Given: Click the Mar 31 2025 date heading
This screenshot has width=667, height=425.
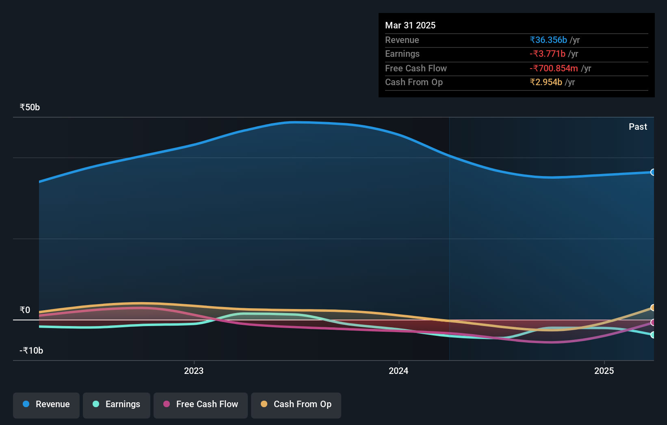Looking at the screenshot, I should (x=410, y=25).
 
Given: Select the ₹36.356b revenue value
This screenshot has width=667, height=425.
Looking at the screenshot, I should (x=548, y=40).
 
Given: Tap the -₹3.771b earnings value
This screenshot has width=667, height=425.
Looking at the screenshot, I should (x=547, y=54).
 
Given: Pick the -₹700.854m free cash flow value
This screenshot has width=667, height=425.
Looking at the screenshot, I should (x=553, y=68).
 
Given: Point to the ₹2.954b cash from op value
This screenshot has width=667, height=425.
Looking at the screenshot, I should (x=546, y=82).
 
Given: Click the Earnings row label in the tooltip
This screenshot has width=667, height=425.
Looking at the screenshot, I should (x=402, y=54).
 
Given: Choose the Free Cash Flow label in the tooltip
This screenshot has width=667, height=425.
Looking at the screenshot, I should (x=416, y=68).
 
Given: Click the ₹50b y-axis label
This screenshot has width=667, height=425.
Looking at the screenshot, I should (x=30, y=107).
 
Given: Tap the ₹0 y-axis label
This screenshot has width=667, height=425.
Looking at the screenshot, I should (x=25, y=310).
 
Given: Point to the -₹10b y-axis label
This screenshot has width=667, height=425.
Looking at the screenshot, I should (x=31, y=350).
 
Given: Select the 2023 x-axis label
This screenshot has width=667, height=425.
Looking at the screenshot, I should (x=193, y=371).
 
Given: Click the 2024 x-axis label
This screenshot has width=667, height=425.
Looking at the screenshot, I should (x=398, y=371).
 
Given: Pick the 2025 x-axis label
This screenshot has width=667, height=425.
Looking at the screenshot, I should (x=604, y=371).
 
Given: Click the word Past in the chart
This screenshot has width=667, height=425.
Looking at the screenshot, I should (x=637, y=127).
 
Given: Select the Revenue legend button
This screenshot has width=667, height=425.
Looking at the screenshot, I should (x=46, y=404).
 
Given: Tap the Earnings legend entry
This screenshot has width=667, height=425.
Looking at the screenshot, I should (x=117, y=404).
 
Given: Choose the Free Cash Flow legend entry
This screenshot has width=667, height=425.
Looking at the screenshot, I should (x=201, y=404).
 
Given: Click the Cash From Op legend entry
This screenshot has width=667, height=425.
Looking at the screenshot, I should (x=296, y=404).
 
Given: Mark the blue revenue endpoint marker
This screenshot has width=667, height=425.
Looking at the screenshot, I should (x=653, y=172).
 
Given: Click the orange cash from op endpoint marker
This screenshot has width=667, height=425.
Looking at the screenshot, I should (x=653, y=307).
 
